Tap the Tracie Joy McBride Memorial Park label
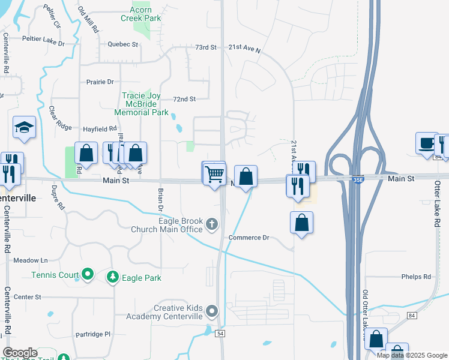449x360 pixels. (x=145, y=103)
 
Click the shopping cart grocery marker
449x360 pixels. (x=215, y=173)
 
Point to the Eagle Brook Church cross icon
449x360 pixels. (x=211, y=224)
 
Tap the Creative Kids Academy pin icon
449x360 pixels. (x=211, y=311)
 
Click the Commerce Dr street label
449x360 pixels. (x=249, y=238)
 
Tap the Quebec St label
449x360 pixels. (x=123, y=44)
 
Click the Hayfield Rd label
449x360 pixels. (x=100, y=128)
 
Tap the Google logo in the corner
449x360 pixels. (x=20, y=353)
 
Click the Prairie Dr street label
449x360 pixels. (x=100, y=82)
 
